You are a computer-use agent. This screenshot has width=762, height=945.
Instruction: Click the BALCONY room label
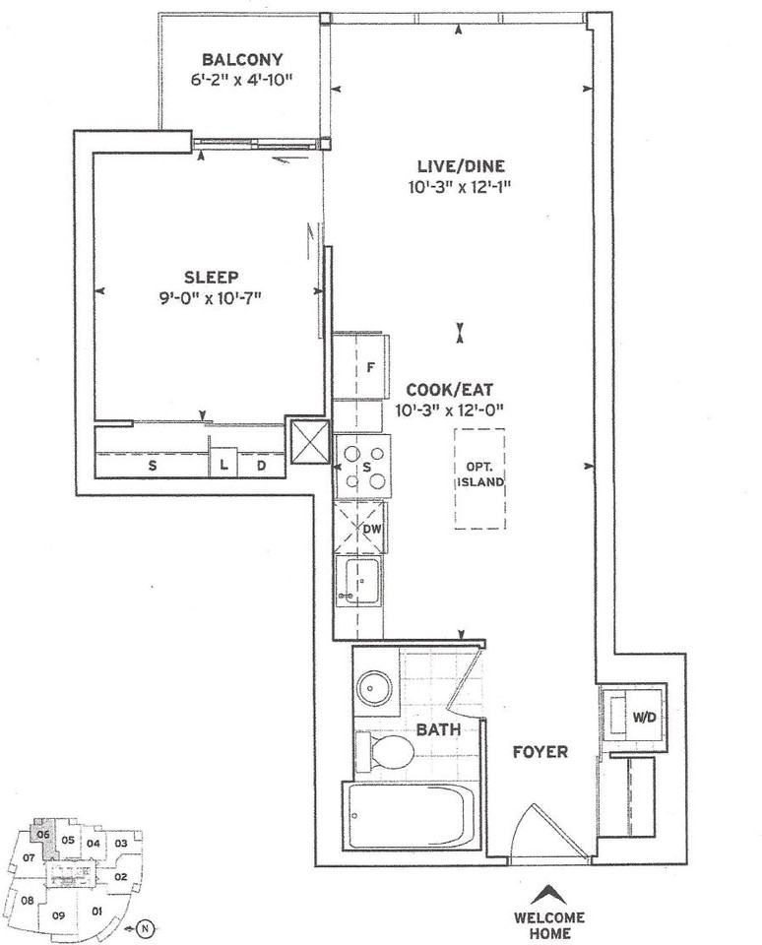click(x=241, y=58)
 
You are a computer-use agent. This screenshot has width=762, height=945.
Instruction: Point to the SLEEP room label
click(x=211, y=277)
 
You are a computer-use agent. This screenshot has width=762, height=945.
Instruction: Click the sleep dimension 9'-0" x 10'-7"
click(x=211, y=296)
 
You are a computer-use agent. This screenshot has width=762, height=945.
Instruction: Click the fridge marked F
click(x=369, y=367)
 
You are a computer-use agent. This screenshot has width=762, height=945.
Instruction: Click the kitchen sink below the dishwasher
click(x=359, y=583)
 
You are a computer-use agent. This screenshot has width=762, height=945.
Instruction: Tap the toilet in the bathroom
click(x=389, y=753)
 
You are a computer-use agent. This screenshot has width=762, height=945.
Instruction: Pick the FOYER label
click(x=540, y=752)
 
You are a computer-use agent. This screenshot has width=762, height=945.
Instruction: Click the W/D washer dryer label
click(x=643, y=716)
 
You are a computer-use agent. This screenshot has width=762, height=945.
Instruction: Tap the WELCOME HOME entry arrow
click(x=549, y=895)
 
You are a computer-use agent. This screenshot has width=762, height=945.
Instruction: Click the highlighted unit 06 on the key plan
click(x=42, y=834)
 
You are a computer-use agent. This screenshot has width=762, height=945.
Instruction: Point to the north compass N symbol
click(x=146, y=925)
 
